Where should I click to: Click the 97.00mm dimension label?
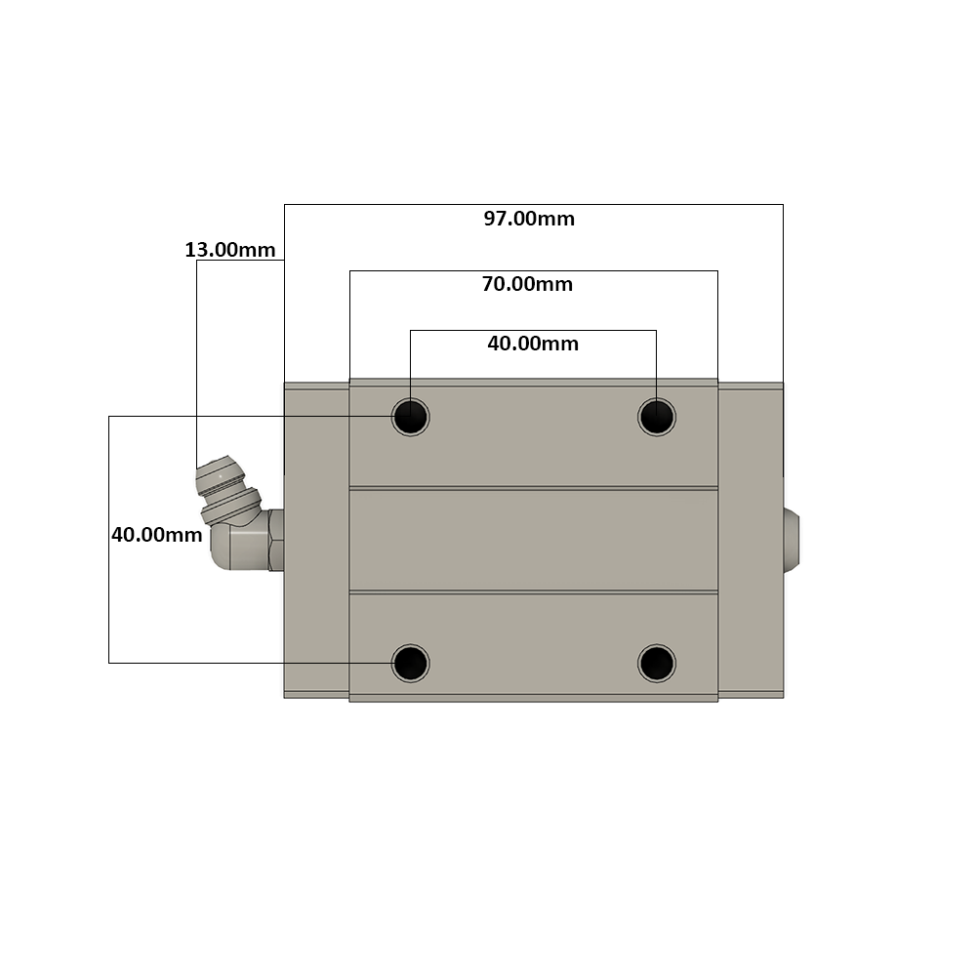tap(529, 219)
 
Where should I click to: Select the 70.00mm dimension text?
tap(527, 285)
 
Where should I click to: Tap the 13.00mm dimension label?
tap(229, 250)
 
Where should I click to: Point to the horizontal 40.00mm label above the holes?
tap(533, 344)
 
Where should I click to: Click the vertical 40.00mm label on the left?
tap(156, 535)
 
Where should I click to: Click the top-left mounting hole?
tap(411, 418)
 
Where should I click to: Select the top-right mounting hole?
tap(657, 418)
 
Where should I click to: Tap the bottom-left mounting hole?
tap(411, 663)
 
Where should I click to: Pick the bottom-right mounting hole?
tap(657, 663)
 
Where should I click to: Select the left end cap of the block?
tap(316, 540)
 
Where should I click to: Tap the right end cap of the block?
tap(751, 540)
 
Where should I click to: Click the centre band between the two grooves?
tap(533, 540)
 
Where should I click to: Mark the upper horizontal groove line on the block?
tap(533, 487)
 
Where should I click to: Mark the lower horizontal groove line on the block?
tap(533, 591)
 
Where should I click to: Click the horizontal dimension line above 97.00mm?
tap(533, 204)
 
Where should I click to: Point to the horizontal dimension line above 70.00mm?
tap(533, 270)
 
